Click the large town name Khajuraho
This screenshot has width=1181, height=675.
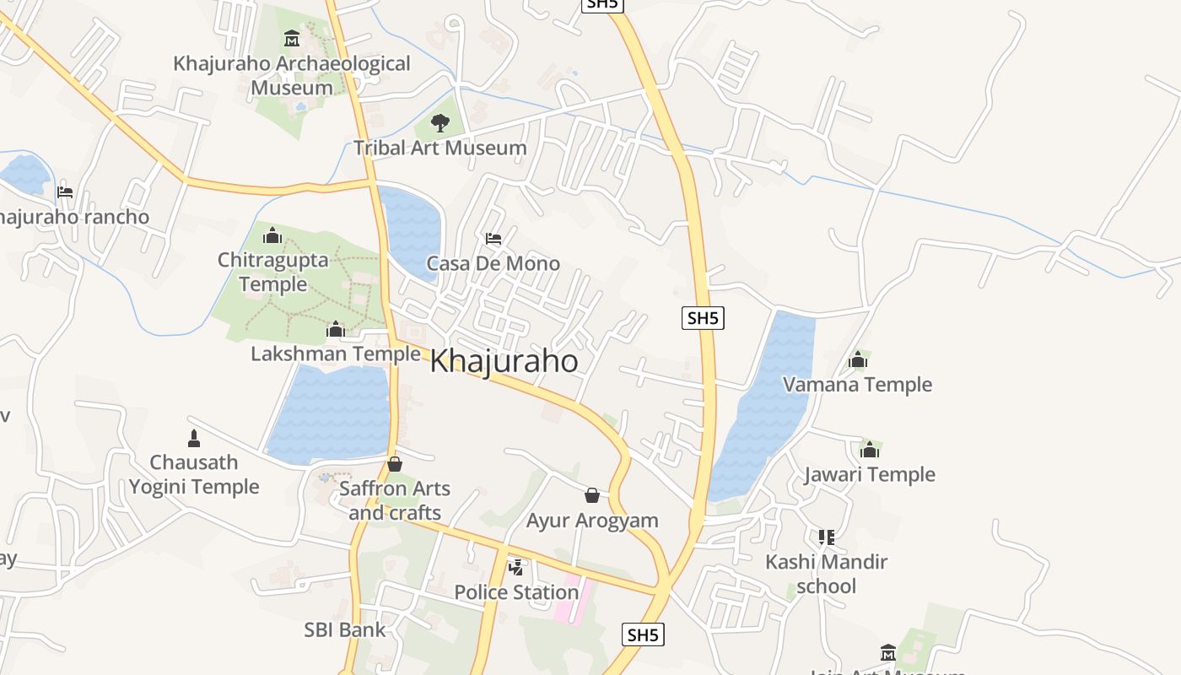(x=504, y=361)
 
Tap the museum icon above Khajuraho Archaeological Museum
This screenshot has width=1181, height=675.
(x=292, y=39)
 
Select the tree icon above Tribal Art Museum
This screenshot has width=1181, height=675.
(x=440, y=123)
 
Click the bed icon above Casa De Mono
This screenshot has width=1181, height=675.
(x=493, y=239)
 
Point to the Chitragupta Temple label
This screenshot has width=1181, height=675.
(x=272, y=272)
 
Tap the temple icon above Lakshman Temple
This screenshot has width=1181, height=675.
(x=336, y=328)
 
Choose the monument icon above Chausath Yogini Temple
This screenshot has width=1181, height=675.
(x=194, y=438)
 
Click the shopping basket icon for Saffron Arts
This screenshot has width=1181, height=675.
(x=394, y=464)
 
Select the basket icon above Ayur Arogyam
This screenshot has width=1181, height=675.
(x=592, y=495)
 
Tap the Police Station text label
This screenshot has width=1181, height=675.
(x=516, y=592)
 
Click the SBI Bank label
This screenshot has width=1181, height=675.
(x=344, y=629)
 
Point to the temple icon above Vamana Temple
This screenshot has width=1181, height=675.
(x=858, y=360)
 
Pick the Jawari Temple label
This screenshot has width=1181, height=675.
(x=869, y=474)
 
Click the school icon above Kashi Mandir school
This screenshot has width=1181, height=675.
(x=826, y=537)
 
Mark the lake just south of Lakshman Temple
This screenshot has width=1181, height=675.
(x=331, y=413)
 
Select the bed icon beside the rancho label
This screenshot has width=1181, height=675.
(x=65, y=192)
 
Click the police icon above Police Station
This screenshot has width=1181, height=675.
(x=515, y=568)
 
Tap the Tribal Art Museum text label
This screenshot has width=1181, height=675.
(x=440, y=148)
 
